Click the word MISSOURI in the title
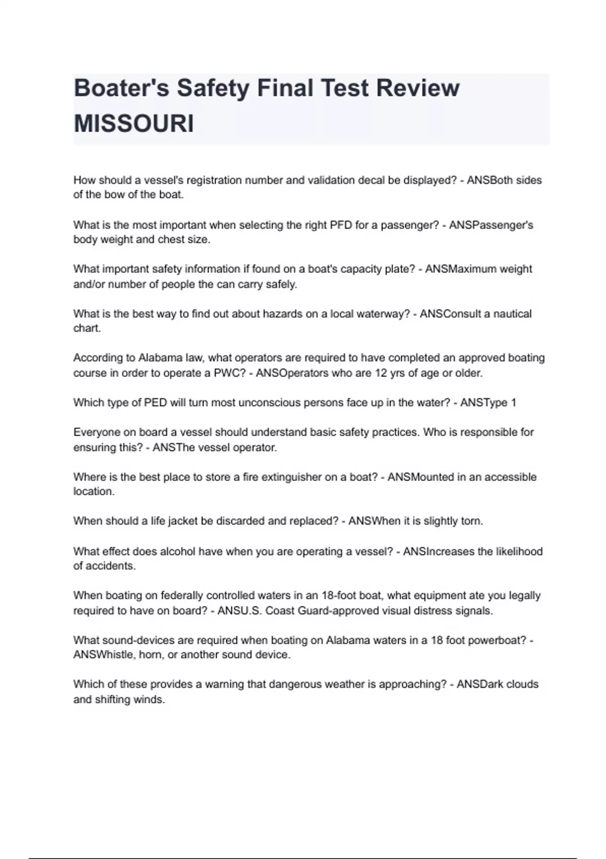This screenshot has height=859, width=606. pos(134,123)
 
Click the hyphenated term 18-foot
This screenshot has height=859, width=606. pos(340,595)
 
